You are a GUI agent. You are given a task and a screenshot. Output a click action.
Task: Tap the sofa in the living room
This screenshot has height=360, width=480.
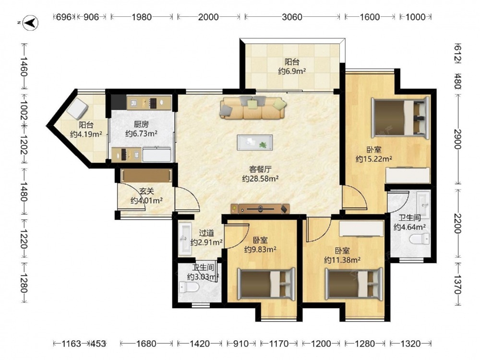tap(252, 108)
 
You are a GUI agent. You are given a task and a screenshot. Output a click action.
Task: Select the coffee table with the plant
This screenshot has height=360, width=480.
tap(255, 143)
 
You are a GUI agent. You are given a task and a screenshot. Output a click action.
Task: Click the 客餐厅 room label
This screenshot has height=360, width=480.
tap(260, 169)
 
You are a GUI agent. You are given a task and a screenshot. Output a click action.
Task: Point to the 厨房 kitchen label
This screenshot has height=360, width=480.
tap(141, 124)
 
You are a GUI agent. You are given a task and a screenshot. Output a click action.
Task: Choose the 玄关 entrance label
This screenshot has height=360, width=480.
tap(146, 192)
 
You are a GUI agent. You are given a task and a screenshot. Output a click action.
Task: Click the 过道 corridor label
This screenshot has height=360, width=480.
tap(206, 233)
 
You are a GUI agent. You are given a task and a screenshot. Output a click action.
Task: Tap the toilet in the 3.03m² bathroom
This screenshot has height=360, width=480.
tap(189, 287)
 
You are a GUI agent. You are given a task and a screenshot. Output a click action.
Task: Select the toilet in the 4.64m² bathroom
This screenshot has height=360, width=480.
tap(420, 239)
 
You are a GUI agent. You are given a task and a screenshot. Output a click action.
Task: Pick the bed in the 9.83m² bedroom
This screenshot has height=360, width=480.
tap(266, 284)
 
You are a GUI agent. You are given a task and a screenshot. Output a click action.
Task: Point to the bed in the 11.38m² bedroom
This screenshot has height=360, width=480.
tap(354, 284)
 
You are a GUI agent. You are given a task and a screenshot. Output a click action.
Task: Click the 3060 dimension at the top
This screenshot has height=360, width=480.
tap(292, 17)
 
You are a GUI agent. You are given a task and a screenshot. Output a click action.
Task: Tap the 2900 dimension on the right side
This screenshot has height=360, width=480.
tap(457, 139)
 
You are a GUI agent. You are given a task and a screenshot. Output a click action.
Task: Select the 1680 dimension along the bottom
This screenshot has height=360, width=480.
tap(146, 344)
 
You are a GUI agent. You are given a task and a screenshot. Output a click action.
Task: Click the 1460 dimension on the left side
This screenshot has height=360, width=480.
tap(24, 67)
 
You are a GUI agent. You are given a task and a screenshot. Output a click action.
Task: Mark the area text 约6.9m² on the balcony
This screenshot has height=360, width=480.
tap(292, 72)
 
